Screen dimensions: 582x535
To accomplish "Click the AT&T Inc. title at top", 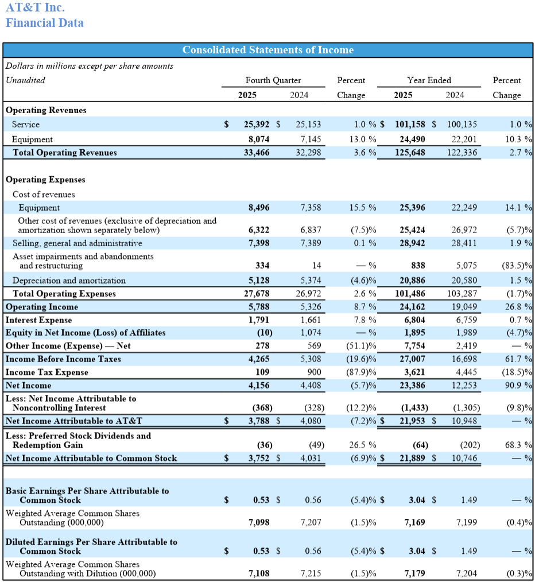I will point(35,7).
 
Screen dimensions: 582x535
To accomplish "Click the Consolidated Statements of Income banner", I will point(267,50).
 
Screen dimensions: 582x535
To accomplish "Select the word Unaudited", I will point(25,80).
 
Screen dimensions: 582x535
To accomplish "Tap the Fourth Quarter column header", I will point(273,80).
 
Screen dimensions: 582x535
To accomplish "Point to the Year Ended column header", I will point(429,80).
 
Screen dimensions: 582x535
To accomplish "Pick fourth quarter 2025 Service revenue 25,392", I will point(257,124).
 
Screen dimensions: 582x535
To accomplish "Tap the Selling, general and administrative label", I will point(77,243).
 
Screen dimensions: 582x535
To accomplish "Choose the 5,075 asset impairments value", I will point(466,266).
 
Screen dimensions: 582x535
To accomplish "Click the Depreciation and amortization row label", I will point(69,281).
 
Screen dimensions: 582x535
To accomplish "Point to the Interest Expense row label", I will point(39,320).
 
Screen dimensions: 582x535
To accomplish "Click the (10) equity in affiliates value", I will point(264,333).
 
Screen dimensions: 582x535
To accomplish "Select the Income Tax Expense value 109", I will point(262,373).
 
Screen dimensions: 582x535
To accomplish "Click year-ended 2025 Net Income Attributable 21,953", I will point(412,421).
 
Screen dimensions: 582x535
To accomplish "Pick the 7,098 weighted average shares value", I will point(259,523).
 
